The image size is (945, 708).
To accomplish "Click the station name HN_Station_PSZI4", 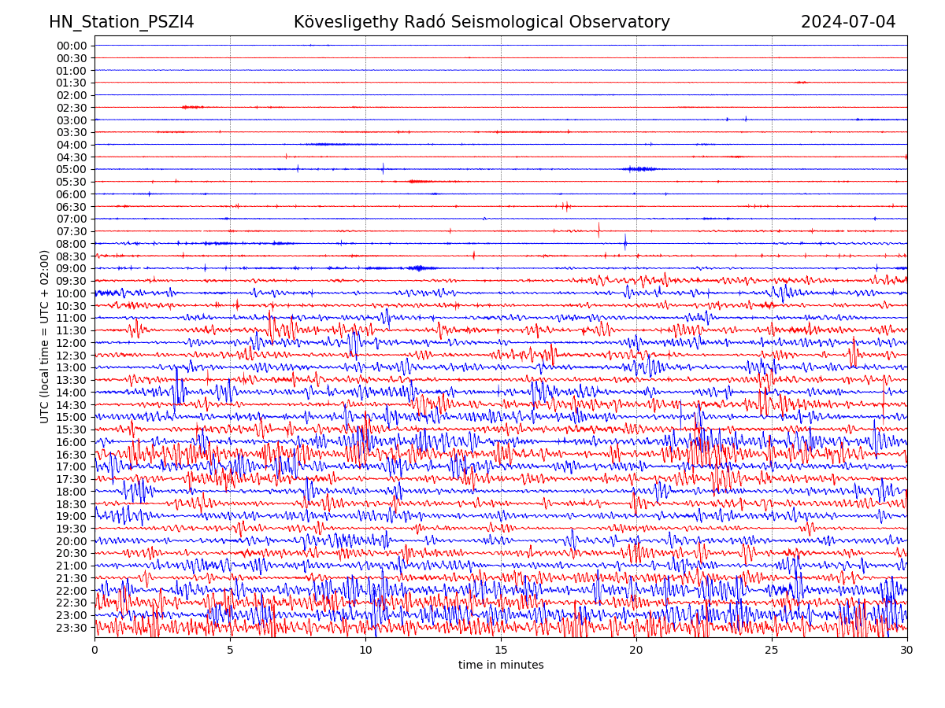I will pos(121,22).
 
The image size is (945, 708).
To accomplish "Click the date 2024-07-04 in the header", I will pos(848,22).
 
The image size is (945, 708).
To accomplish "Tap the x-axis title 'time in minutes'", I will pos(501,665).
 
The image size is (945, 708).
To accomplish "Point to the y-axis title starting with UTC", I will pos(45,336).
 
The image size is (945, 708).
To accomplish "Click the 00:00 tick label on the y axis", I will pos(72,46).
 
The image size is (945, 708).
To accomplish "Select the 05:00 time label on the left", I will pos(72,169).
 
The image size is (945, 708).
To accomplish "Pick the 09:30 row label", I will pos(72,281).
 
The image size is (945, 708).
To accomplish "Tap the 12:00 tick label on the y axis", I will pos(72,343).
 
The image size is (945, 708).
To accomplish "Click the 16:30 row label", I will pos(72,455).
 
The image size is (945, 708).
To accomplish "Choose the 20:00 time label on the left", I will pos(72,541).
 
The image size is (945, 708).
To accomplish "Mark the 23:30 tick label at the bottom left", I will pos(72,628).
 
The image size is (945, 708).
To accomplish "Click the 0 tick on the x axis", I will pos(94,651).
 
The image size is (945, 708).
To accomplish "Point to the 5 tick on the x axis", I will pos(230,651).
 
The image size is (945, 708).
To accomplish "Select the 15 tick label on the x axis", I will pos(501,651).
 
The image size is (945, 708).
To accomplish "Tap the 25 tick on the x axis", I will pos(772,651).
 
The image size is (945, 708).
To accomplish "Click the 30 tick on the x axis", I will pos(907,651).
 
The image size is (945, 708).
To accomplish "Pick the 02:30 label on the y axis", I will pos(72,108).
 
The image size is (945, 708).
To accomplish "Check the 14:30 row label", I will pos(72,405).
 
